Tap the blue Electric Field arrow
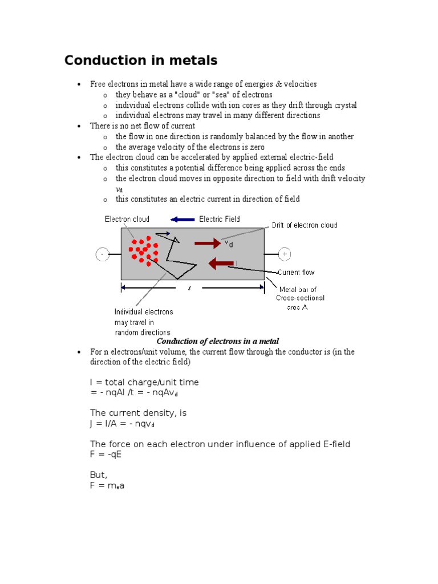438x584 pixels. (182, 220)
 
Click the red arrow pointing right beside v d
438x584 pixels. (207, 244)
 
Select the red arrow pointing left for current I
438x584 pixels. (221, 263)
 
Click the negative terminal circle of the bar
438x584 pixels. (102, 254)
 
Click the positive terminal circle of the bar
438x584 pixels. (285, 254)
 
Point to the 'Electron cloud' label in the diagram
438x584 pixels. (127, 220)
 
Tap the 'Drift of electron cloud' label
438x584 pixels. (307, 225)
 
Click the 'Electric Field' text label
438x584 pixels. (220, 220)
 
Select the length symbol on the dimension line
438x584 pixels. (189, 288)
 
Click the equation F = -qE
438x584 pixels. (106, 454)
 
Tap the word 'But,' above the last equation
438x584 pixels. (99, 475)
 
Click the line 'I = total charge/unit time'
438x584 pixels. (144, 382)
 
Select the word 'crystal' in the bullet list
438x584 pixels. (344, 105)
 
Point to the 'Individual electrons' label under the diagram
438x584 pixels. (144, 312)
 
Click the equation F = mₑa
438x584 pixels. (107, 486)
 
